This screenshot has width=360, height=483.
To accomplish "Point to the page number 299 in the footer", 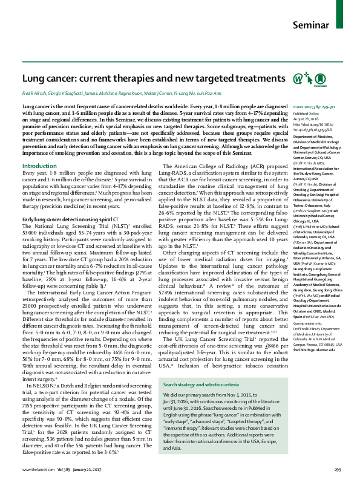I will [x=338, y=470].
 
